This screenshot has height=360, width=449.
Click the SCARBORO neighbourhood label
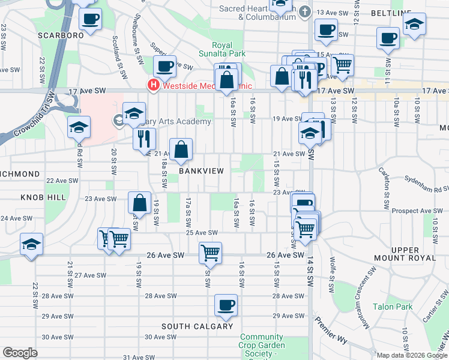click(x=60, y=35)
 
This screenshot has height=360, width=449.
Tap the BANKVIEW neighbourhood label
click(x=201, y=171)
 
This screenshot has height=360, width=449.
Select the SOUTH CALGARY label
click(x=197, y=326)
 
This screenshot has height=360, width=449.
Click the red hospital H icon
click(x=154, y=85)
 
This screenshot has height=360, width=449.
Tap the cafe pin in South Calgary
click(x=226, y=305)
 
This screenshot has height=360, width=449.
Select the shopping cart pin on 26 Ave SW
click(x=211, y=253)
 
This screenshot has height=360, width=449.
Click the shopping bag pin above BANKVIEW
click(x=181, y=149)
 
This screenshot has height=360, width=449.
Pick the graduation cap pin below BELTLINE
click(x=413, y=25)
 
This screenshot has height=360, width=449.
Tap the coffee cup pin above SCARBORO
click(x=91, y=19)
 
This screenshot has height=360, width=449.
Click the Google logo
click(x=20, y=353)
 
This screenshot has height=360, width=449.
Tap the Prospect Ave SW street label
click(x=415, y=211)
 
